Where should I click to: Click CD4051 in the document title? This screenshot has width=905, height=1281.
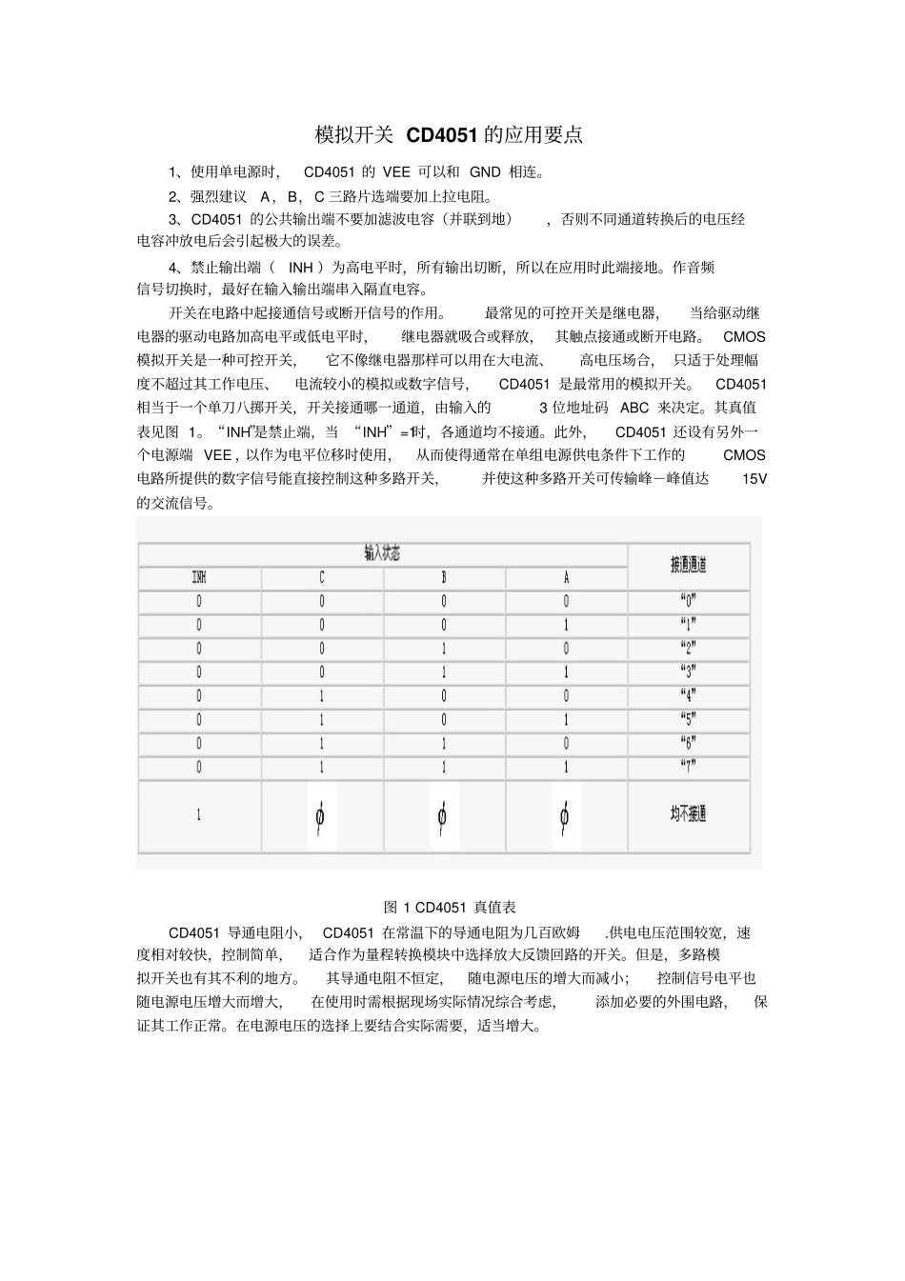[x=442, y=135]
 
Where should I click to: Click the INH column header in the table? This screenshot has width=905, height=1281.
[x=199, y=577]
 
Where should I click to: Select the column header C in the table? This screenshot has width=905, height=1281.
[x=321, y=577]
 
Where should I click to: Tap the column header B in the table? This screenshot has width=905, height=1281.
[x=443, y=577]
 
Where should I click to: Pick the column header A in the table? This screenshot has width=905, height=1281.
[x=566, y=577]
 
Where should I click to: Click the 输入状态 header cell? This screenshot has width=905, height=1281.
[x=382, y=553]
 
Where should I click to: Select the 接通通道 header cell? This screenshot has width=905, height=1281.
[x=688, y=565]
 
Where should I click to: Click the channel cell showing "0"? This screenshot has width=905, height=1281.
[x=688, y=601]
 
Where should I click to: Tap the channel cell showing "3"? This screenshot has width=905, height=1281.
[x=688, y=672]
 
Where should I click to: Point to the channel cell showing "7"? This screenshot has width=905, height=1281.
[x=688, y=767]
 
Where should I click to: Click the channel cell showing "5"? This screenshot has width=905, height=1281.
[x=688, y=719]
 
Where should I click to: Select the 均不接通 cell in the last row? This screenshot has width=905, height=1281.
[x=688, y=814]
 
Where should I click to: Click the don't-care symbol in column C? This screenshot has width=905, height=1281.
[x=321, y=816]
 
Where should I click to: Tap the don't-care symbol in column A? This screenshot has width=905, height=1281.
[x=565, y=816]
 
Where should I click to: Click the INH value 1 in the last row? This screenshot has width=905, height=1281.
[x=199, y=815]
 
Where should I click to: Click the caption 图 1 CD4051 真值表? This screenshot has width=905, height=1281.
[x=450, y=907]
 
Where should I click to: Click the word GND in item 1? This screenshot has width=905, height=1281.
[x=485, y=172]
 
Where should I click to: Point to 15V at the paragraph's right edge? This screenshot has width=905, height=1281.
[x=754, y=479]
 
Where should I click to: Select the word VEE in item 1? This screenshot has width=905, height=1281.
[x=396, y=172]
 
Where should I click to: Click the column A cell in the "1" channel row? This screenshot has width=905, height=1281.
[x=566, y=625]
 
